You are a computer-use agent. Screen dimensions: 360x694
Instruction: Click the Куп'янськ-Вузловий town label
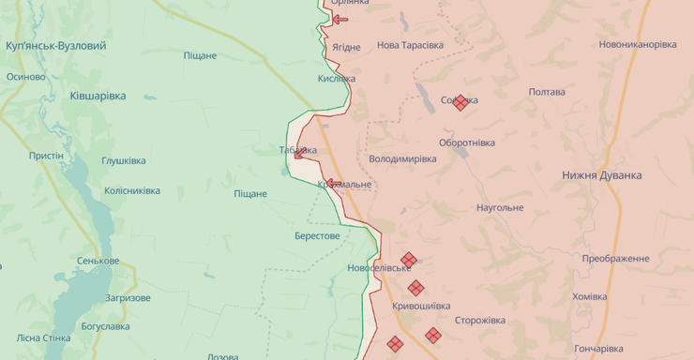(x=55, y=45)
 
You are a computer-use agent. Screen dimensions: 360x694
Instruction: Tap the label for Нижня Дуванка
(x=602, y=175)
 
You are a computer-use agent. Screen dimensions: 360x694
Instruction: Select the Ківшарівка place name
(x=98, y=96)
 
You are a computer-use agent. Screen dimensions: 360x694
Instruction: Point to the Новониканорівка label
(x=638, y=44)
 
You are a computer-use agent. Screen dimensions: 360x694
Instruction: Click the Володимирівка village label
(x=402, y=158)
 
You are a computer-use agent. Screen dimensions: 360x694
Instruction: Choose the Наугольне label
(x=500, y=207)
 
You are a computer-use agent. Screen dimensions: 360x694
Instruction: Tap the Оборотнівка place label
(x=467, y=142)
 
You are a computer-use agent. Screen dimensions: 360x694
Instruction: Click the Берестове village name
(x=317, y=235)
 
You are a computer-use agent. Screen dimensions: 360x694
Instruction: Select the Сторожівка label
(x=480, y=321)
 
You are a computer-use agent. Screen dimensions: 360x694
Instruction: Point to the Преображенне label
(x=615, y=259)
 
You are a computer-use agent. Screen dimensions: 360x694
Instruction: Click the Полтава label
(x=547, y=92)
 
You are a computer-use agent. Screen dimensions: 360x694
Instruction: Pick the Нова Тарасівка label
(x=410, y=45)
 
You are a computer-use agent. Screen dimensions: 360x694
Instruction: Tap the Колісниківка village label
(x=131, y=190)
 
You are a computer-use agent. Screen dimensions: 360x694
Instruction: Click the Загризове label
(x=128, y=297)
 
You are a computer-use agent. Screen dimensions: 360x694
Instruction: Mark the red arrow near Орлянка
(x=339, y=19)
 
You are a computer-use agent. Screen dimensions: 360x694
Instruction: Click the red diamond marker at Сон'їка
(x=460, y=103)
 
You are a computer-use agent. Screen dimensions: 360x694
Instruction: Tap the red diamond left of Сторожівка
(x=432, y=335)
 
